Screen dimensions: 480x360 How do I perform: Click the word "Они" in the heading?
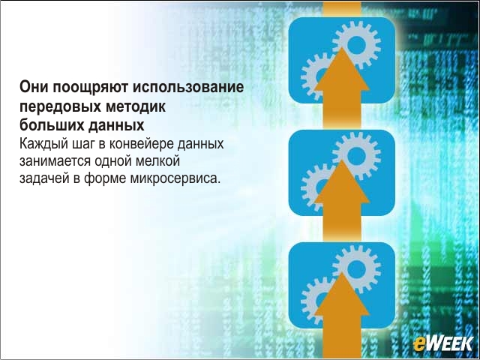33,87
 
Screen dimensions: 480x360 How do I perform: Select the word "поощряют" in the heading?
90,88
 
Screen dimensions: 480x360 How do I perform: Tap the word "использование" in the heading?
188,88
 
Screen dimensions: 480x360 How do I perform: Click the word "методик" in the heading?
136,106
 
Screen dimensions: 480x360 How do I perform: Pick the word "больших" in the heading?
52,125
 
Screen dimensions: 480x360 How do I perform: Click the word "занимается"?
55,161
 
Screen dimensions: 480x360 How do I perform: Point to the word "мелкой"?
157,161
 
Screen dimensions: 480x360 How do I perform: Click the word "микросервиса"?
175,179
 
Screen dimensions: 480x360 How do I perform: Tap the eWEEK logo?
443,343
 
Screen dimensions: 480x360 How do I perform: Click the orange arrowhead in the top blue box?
342,70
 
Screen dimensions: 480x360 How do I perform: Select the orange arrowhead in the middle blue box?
342,182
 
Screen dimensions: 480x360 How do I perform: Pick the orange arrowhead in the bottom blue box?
342,295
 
